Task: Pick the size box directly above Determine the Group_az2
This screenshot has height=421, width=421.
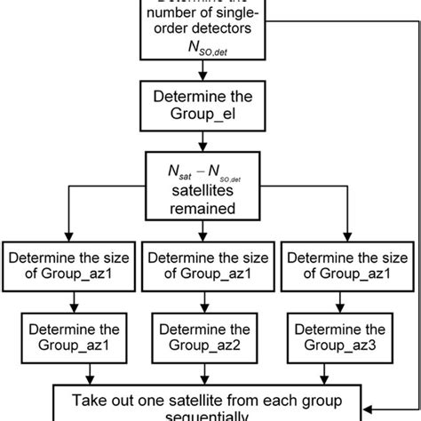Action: [x=210, y=266]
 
